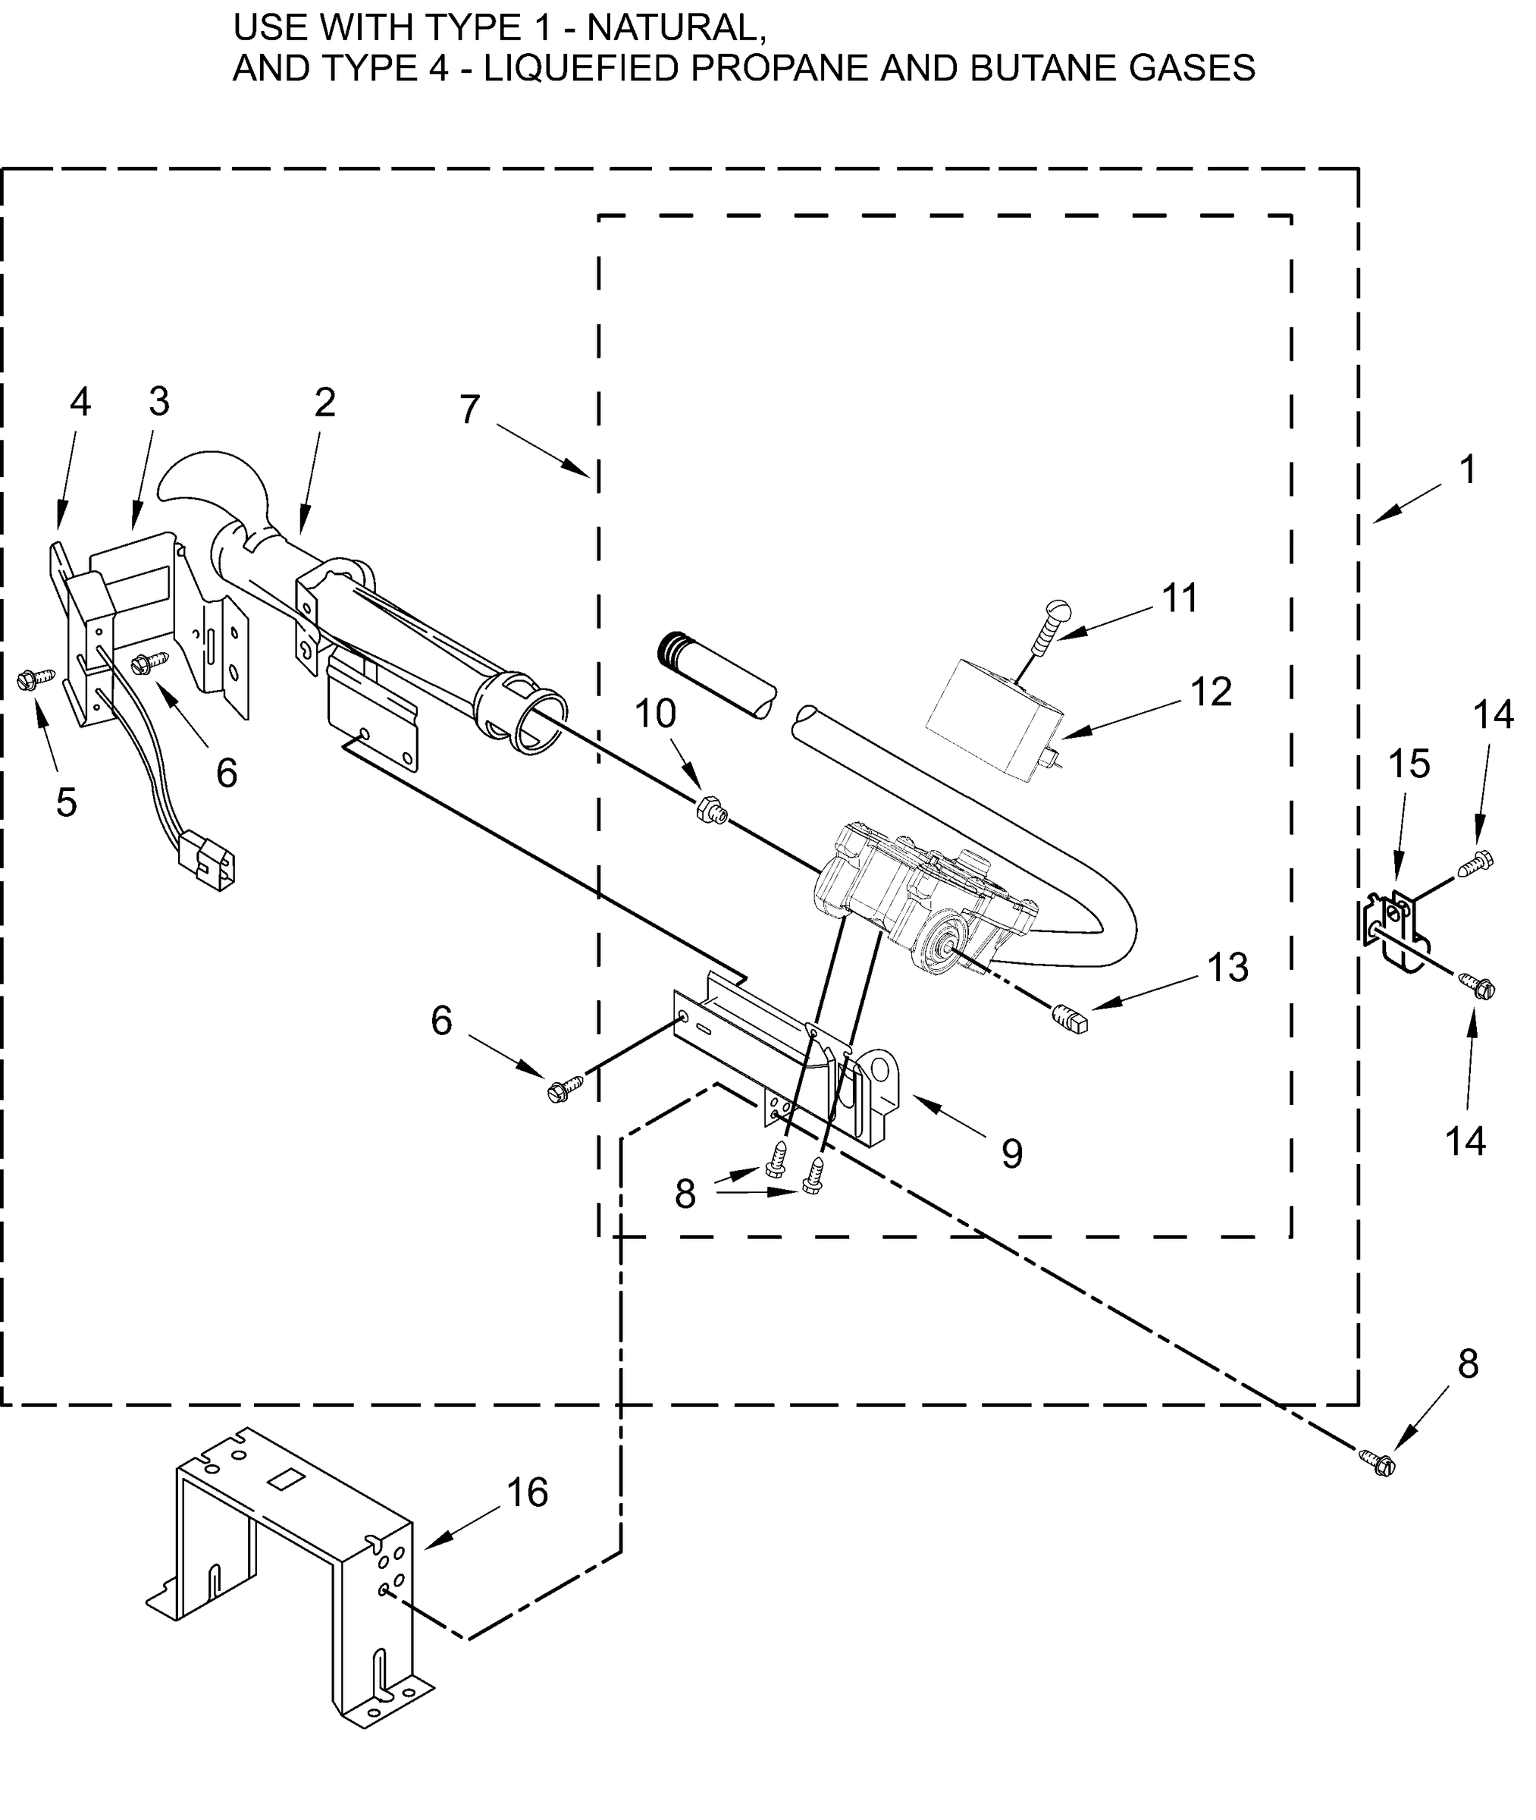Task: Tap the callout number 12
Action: click(1210, 692)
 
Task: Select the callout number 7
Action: click(469, 409)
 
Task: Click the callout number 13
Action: click(1227, 967)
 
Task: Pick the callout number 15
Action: click(1409, 764)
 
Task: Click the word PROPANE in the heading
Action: click(780, 68)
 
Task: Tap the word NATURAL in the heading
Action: click(676, 28)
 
